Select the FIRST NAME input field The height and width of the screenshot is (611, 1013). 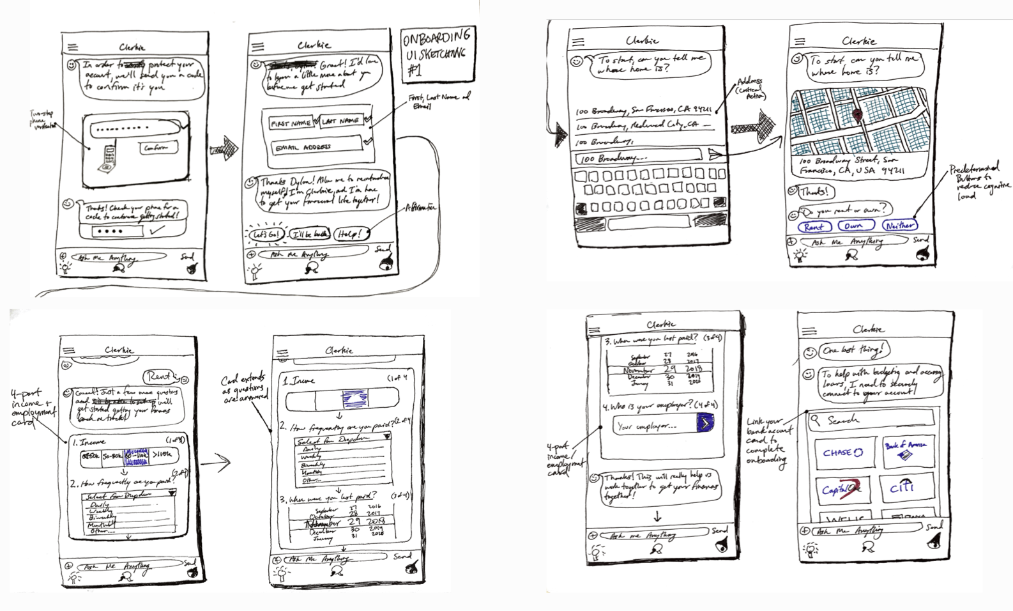pyautogui.click(x=291, y=122)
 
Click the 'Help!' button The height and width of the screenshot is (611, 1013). pyautogui.click(x=349, y=234)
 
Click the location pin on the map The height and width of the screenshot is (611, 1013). pyautogui.click(x=857, y=116)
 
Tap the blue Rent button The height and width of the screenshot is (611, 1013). pyautogui.click(x=813, y=226)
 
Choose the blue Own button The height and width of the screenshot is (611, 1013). pyautogui.click(x=853, y=226)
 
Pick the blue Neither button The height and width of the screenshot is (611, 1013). pyautogui.click(x=899, y=225)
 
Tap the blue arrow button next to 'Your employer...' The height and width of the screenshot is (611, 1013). pyautogui.click(x=704, y=422)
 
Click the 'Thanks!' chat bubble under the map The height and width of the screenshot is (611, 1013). pyautogui.click(x=815, y=190)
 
